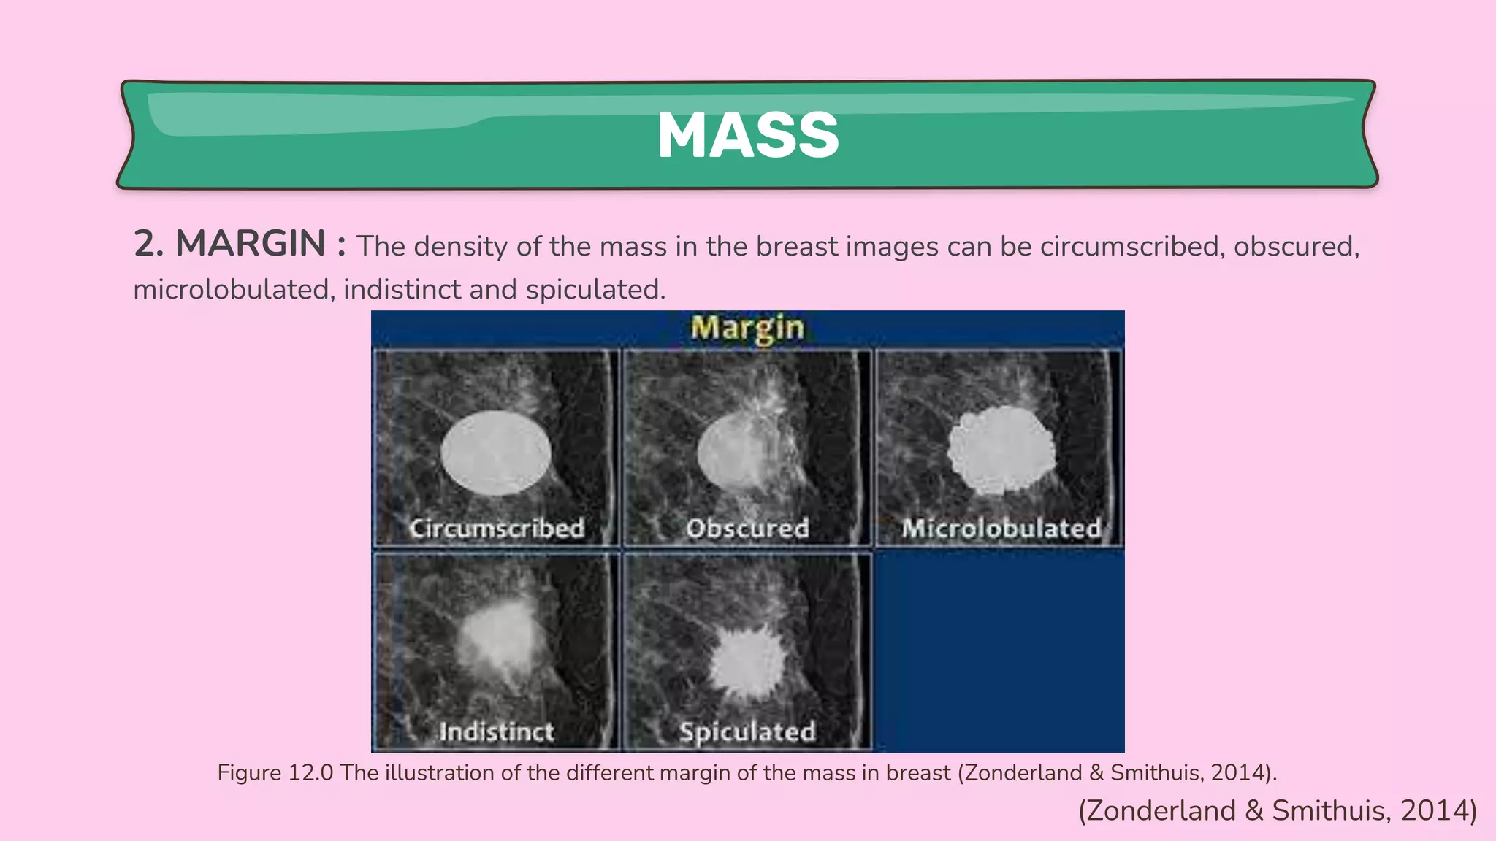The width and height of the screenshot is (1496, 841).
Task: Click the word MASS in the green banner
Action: (748, 136)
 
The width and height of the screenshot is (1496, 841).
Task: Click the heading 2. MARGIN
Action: (229, 244)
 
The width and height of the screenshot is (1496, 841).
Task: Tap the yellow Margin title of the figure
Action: (747, 329)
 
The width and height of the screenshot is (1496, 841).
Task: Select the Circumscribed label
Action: (497, 528)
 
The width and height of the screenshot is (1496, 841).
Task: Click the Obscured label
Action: (747, 528)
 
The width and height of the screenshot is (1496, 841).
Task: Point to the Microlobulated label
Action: (1001, 528)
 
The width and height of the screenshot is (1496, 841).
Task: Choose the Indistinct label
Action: (497, 731)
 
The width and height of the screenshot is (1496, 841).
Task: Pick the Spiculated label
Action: (747, 731)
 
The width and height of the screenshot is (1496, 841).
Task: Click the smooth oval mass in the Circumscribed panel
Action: (496, 453)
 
